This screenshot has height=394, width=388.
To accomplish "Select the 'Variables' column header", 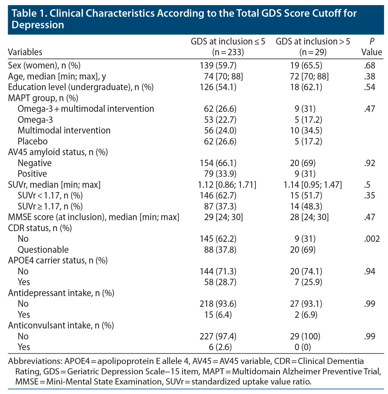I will pos(25,52).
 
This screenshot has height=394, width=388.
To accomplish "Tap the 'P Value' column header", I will pos(372,47).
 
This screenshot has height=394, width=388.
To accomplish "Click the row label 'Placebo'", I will pos(33,141).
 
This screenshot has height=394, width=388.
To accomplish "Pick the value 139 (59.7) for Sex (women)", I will pos(218,66).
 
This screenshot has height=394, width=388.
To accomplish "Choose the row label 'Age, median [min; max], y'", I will pos(57,77).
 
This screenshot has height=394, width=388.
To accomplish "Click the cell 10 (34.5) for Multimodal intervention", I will pos(306,131).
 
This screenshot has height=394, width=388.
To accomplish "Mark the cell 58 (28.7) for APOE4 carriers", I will pos(220,282).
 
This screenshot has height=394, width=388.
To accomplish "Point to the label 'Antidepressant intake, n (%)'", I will pos(61,293).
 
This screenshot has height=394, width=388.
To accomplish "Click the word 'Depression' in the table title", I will pos(38,25).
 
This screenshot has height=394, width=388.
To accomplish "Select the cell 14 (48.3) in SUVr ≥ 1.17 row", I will pos(306,206).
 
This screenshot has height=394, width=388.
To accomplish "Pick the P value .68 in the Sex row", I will pos(370,66).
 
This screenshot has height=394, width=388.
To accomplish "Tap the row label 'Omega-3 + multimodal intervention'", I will pos(86,109).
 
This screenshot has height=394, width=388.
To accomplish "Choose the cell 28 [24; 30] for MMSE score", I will pos(310,217).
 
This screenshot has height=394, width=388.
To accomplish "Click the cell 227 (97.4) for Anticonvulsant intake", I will pos(218,336).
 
